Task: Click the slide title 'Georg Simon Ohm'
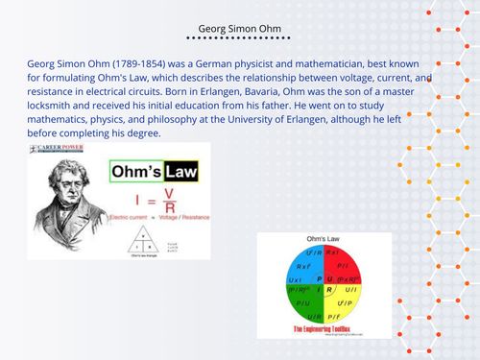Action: (239, 28)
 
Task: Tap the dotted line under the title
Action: (239, 42)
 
